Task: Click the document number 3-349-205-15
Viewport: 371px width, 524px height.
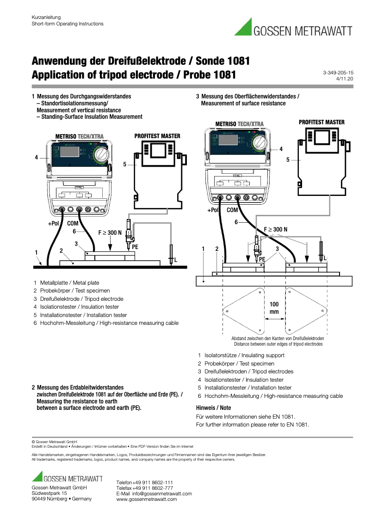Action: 338,73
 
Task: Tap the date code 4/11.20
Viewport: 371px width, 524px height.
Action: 345,79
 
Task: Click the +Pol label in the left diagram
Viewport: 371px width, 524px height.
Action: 54,223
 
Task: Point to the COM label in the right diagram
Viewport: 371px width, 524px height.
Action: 232,210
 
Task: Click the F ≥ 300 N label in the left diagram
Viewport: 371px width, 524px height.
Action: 110,232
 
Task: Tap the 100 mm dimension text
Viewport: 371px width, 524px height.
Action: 274,308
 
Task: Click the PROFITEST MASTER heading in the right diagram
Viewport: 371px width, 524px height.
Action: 322,122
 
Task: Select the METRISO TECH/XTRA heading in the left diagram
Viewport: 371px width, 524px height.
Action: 79,136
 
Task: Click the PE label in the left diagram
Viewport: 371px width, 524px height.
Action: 135,247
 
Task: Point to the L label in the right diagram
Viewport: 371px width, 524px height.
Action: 325,258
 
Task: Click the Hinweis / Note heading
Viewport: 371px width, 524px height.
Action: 213,408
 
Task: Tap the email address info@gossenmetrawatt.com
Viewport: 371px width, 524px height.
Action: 162,494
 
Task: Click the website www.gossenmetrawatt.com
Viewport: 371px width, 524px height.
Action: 147,499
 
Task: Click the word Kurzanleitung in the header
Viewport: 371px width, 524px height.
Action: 46,17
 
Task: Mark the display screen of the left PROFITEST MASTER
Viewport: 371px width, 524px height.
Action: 157,150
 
